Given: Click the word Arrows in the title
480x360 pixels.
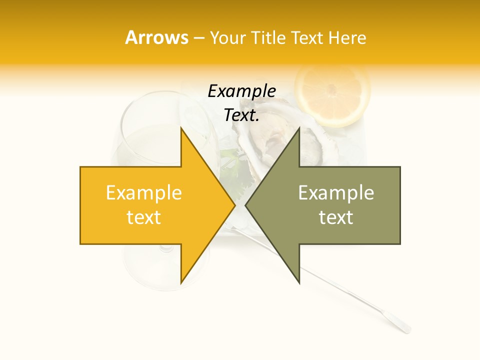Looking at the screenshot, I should [157, 37].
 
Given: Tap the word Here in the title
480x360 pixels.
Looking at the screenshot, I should [347, 37].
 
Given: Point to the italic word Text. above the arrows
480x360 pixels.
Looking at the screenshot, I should [241, 115].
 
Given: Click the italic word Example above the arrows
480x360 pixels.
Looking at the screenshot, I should [241, 91].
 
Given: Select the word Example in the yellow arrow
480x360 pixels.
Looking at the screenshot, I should [144, 192].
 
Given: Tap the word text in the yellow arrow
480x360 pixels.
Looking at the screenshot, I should [144, 217].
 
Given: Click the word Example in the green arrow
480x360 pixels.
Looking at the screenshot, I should [336, 192].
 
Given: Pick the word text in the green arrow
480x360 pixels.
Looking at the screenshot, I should [336, 217].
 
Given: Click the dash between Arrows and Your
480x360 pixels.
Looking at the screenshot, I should [198, 38].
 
